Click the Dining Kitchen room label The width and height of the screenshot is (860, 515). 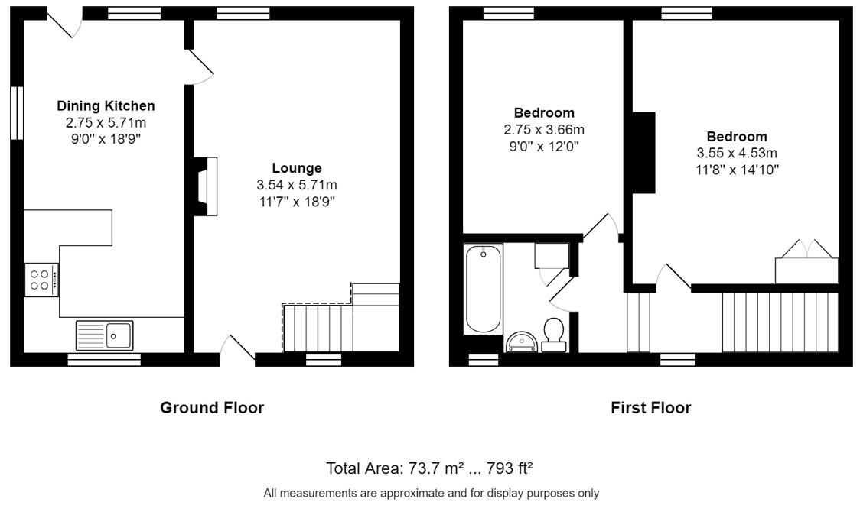(106, 105)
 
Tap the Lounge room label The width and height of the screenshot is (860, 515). (297, 168)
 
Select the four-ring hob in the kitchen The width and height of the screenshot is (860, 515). (41, 280)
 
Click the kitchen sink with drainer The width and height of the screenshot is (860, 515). (104, 335)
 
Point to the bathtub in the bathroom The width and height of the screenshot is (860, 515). (484, 289)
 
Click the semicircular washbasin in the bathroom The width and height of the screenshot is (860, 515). (522, 341)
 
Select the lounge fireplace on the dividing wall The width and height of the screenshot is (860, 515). (207, 186)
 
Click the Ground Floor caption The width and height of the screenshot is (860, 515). (212, 407)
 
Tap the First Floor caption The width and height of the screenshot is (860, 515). (650, 407)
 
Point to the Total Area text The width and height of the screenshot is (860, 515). (429, 468)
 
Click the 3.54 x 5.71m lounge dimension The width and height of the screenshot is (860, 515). (297, 185)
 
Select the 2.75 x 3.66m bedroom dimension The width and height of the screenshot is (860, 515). (544, 130)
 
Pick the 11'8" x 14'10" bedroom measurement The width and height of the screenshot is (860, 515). (737, 170)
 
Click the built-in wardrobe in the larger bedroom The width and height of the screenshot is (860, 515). (806, 262)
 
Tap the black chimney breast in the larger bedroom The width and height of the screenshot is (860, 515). (644, 153)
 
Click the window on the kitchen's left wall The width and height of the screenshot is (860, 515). (17, 113)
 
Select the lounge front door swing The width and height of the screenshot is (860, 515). (237, 348)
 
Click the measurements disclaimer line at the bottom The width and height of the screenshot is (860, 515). (431, 493)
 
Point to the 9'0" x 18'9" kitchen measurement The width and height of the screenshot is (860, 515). (106, 139)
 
